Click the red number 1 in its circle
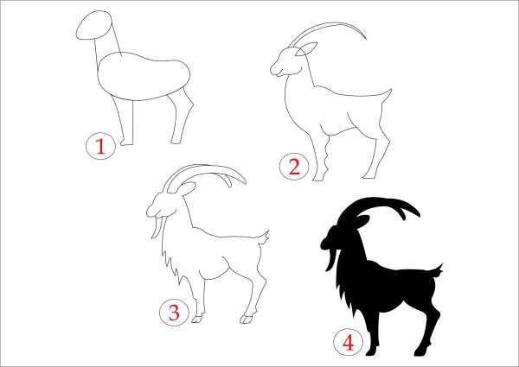(100, 146)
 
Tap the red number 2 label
(294, 167)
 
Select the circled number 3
(174, 312)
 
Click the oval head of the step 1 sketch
(93, 25)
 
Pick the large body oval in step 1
(144, 76)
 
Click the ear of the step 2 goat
(306, 49)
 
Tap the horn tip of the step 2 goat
(366, 39)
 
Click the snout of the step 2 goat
(275, 69)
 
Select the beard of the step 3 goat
(157, 226)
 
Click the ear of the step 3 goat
(186, 189)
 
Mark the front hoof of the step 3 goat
(197, 320)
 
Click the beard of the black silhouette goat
(331, 260)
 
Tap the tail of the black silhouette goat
(438, 271)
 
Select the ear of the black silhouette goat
(362, 221)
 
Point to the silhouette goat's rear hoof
(422, 352)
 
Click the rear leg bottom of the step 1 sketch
(176, 142)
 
